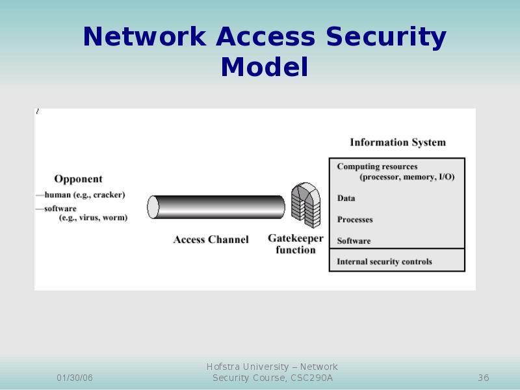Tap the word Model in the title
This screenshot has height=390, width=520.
tap(264, 67)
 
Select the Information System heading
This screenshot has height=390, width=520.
tap(398, 142)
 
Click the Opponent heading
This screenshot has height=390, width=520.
tap(78, 179)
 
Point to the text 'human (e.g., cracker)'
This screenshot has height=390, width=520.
tap(84, 194)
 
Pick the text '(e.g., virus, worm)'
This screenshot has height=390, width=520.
tap(93, 218)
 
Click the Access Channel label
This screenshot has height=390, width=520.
tap(211, 240)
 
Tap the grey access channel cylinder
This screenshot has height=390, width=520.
tap(216, 207)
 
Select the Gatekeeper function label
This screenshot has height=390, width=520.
tap(296, 244)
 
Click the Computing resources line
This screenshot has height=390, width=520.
tap(377, 167)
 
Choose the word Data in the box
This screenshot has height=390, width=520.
tap(346, 198)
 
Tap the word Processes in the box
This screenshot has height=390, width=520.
tap(355, 220)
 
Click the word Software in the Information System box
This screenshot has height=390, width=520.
tap(354, 241)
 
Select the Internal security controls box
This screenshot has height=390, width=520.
tap(396, 261)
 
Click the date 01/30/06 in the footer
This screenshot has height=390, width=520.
tap(75, 378)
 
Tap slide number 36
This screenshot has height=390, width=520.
tap(483, 378)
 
